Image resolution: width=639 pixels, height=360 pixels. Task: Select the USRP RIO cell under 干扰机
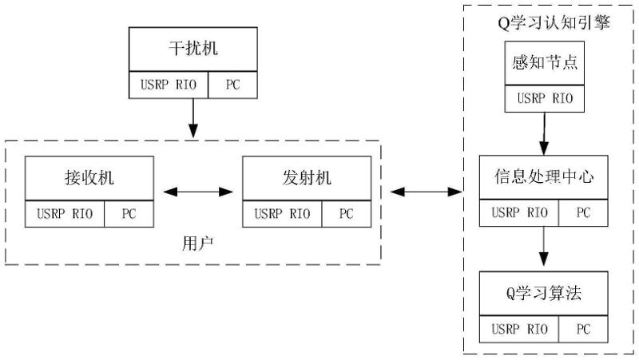tap(169, 85)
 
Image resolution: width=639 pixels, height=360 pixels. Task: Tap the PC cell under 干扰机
tap(232, 85)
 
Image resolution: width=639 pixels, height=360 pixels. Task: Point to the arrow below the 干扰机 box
tap(192, 118)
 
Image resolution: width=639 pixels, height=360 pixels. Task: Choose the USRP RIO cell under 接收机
tap(65, 214)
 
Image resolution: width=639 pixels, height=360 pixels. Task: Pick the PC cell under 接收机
tap(129, 214)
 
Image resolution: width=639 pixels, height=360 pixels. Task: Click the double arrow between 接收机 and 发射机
tap(197, 192)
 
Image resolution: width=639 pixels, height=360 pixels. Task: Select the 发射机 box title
tap(306, 178)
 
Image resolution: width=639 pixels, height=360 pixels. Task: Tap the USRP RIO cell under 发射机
tap(282, 214)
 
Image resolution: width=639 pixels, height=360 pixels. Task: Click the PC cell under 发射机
tap(346, 214)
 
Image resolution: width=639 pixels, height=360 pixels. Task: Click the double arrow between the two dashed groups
tap(427, 192)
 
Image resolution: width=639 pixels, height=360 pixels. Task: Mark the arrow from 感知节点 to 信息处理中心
tap(545, 133)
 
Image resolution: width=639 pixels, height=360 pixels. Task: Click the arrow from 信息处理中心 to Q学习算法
tap(544, 247)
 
